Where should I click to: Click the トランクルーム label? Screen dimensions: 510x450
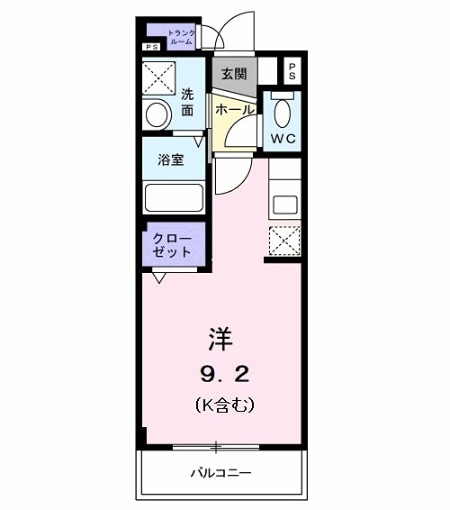[x=180, y=37]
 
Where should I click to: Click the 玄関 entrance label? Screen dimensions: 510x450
[x=233, y=73]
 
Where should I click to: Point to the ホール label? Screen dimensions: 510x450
[x=233, y=109]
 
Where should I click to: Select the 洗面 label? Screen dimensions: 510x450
[x=187, y=102]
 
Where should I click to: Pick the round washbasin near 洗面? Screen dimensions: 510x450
[x=157, y=114]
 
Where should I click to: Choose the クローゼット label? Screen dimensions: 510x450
[x=171, y=245]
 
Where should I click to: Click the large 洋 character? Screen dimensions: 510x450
[x=221, y=340]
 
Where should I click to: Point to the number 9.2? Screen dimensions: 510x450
[x=223, y=374]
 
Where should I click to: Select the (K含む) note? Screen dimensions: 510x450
[x=223, y=405]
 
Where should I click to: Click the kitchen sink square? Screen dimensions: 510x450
[x=285, y=203]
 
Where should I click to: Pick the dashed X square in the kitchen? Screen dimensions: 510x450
[x=284, y=239]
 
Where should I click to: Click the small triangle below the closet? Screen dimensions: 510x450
[x=159, y=278]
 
